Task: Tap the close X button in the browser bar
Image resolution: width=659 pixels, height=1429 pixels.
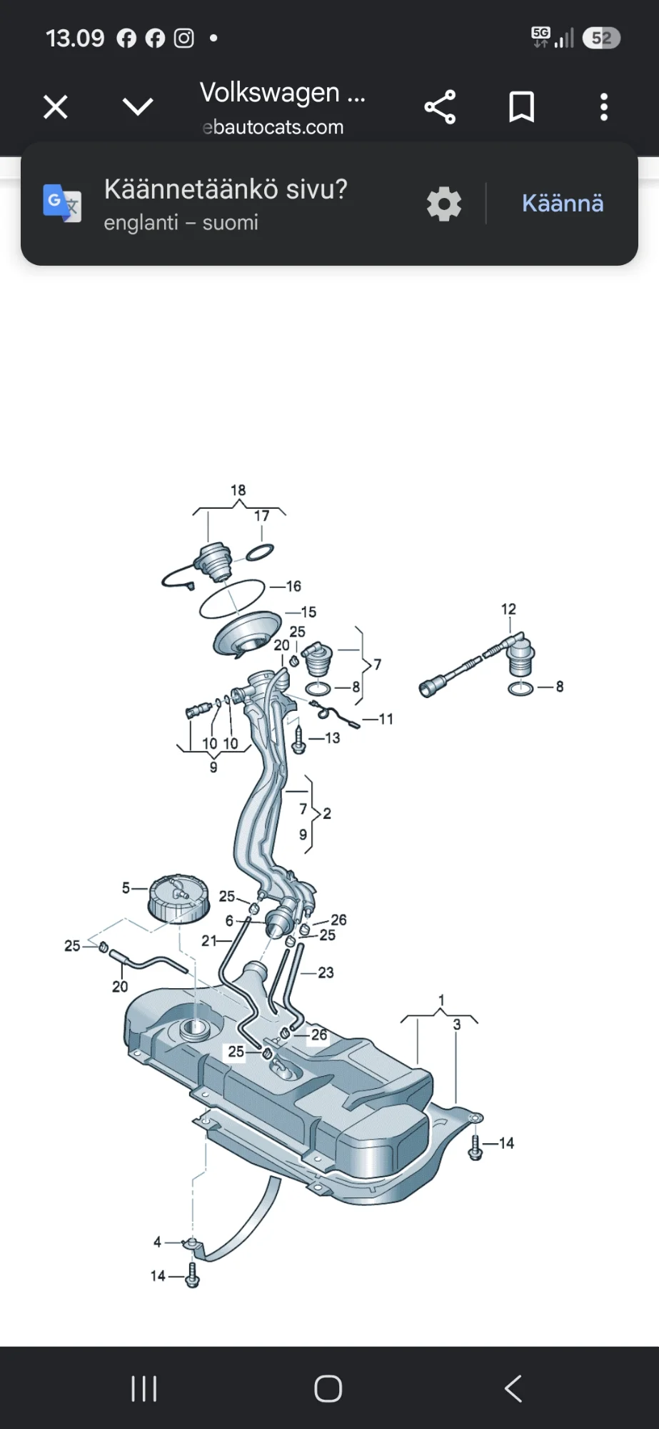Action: (x=55, y=107)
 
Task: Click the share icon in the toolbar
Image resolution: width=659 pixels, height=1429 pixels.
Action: (x=440, y=107)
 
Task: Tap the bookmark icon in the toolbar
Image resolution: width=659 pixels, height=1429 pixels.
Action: (x=521, y=107)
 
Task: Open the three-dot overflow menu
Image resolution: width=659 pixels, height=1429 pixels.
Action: (x=604, y=107)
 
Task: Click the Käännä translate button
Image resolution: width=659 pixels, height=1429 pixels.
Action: (x=563, y=204)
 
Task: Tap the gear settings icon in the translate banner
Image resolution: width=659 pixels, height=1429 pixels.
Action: (x=444, y=204)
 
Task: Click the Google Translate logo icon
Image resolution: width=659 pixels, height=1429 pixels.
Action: (x=62, y=203)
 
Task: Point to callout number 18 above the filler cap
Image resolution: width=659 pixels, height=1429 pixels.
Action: (x=238, y=490)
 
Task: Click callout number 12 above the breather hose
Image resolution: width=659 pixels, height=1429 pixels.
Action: (x=508, y=609)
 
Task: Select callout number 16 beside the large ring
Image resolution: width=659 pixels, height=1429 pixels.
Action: (x=293, y=586)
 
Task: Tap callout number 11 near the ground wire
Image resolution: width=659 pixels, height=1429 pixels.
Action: (x=386, y=719)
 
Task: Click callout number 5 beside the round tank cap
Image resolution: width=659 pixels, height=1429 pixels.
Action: (x=126, y=887)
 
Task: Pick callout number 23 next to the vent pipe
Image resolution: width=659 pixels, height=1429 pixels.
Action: (x=326, y=972)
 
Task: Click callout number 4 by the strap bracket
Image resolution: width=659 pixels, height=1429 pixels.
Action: (x=157, y=1242)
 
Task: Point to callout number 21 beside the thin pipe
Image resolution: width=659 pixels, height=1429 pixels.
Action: (x=208, y=940)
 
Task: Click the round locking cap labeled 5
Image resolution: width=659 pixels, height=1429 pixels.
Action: (x=178, y=898)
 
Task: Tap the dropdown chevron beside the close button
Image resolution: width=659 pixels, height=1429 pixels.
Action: (x=138, y=107)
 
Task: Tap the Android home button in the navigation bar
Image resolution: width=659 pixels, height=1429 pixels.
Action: (x=328, y=1388)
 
